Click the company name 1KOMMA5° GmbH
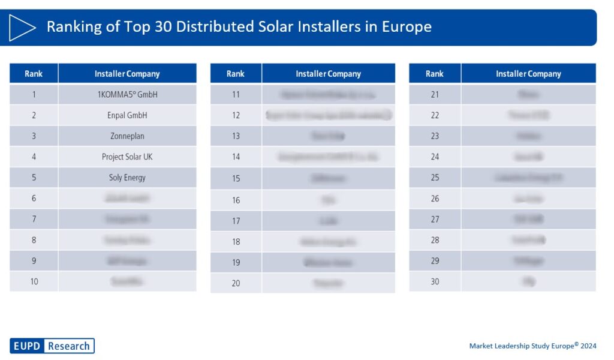[127, 94]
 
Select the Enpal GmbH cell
[127, 115]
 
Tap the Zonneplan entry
[127, 136]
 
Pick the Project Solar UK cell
[127, 157]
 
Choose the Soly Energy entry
[127, 178]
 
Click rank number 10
[34, 281]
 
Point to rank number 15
[236, 178]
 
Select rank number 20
[236, 283]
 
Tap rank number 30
[435, 281]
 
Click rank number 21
[435, 94]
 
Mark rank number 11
[236, 94]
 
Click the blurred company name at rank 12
[329, 115]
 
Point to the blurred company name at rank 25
[528, 178]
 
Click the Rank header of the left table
[34, 74]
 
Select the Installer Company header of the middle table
[329, 74]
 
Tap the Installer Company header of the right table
[528, 74]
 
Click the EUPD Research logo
[52, 346]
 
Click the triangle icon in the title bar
[23, 27]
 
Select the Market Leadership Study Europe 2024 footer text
[532, 346]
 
